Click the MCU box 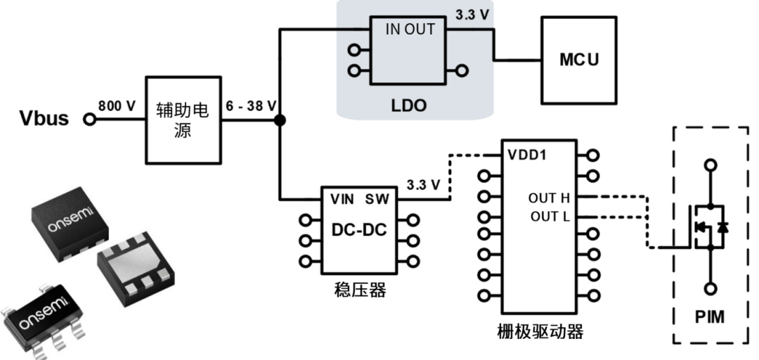coord(579,60)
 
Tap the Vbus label coord(44,118)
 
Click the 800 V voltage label coord(117,105)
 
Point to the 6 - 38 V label coord(249,105)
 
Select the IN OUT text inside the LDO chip coord(410,30)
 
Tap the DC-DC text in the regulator coord(358,230)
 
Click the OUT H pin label coord(549,198)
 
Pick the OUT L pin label coord(550,216)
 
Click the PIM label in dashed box coord(710,317)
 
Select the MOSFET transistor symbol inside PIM coord(706,227)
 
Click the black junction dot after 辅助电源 coord(280,120)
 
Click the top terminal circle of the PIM coord(711,165)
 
